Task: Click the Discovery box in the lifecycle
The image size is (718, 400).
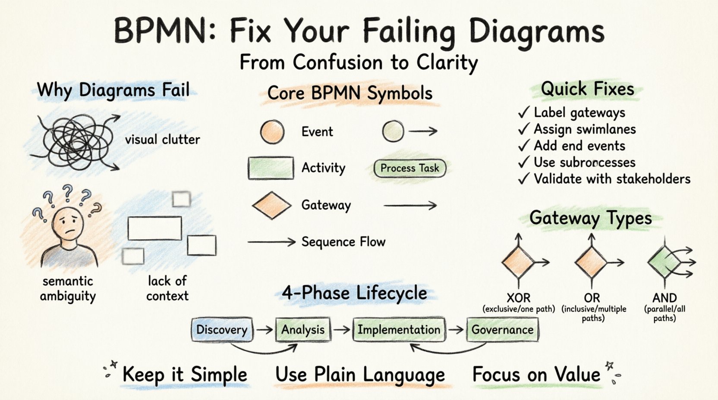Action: (x=222, y=330)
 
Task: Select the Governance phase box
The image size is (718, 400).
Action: (x=502, y=330)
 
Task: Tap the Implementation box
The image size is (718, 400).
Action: (x=399, y=330)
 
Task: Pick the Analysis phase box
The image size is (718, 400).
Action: (x=303, y=330)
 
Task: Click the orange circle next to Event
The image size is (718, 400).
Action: (x=272, y=131)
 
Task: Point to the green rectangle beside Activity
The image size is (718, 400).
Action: (x=271, y=168)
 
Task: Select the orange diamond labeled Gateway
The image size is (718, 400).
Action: (x=271, y=205)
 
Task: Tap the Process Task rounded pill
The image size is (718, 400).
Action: (x=409, y=168)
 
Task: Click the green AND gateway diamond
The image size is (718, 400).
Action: (x=663, y=262)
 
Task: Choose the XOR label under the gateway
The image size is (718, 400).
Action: (x=518, y=298)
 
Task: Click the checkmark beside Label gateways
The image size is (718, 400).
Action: (x=524, y=113)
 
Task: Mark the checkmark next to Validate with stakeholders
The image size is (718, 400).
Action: (x=524, y=179)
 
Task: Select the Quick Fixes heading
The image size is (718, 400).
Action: (x=587, y=89)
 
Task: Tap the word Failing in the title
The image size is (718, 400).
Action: (x=408, y=31)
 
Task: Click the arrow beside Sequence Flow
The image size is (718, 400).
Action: (x=271, y=242)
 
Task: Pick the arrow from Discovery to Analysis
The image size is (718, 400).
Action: (x=265, y=330)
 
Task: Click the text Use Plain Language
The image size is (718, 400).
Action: (x=360, y=374)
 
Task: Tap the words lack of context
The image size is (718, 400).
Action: (x=167, y=288)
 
